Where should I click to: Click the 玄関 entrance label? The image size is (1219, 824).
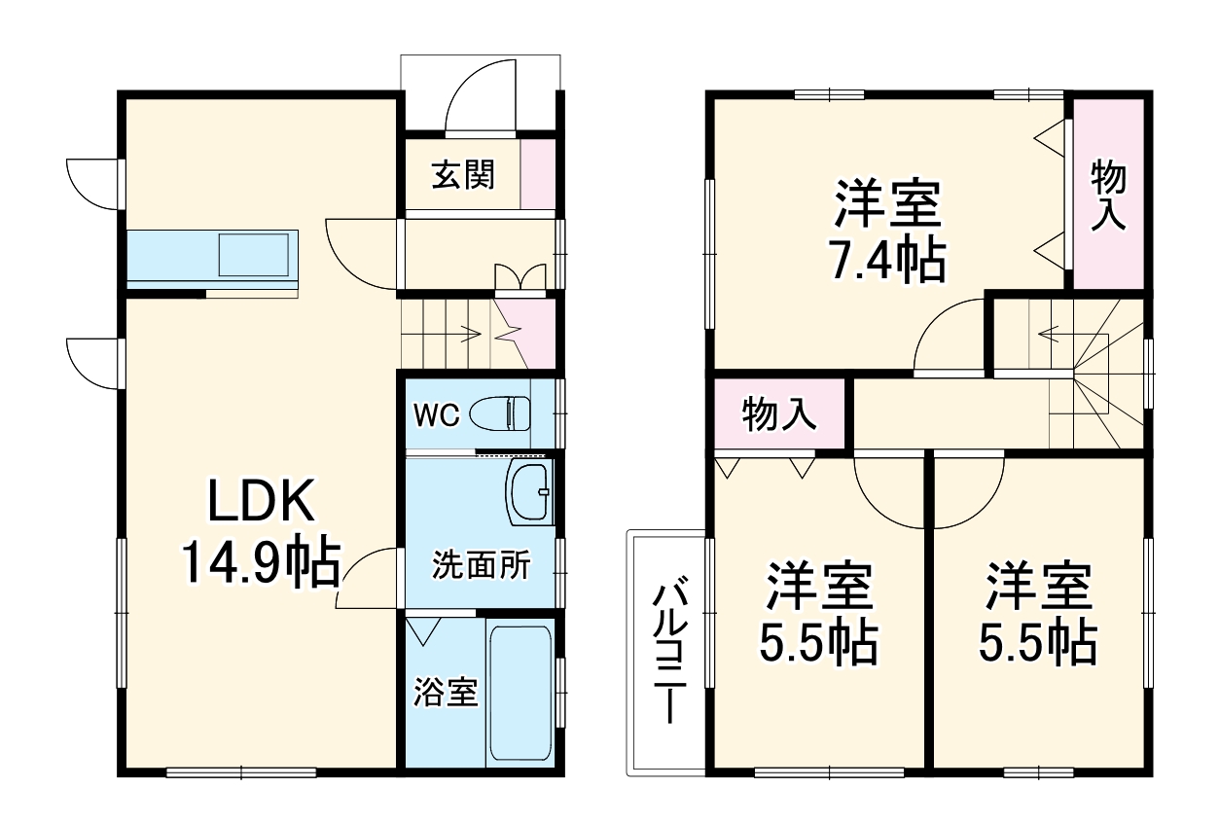463,175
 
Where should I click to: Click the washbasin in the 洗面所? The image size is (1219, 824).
528,492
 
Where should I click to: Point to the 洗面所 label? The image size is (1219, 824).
481,565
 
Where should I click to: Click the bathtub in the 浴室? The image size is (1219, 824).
520,692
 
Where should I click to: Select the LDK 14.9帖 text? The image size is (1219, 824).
260,532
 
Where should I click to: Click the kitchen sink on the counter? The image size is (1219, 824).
254,256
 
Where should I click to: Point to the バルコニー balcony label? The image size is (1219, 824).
668,652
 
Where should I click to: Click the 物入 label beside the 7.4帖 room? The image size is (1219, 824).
1107,196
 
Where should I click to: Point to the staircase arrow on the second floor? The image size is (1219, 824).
1060,335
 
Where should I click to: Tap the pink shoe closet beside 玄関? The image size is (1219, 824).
538,174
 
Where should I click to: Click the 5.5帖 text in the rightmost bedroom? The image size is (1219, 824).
1038,642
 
